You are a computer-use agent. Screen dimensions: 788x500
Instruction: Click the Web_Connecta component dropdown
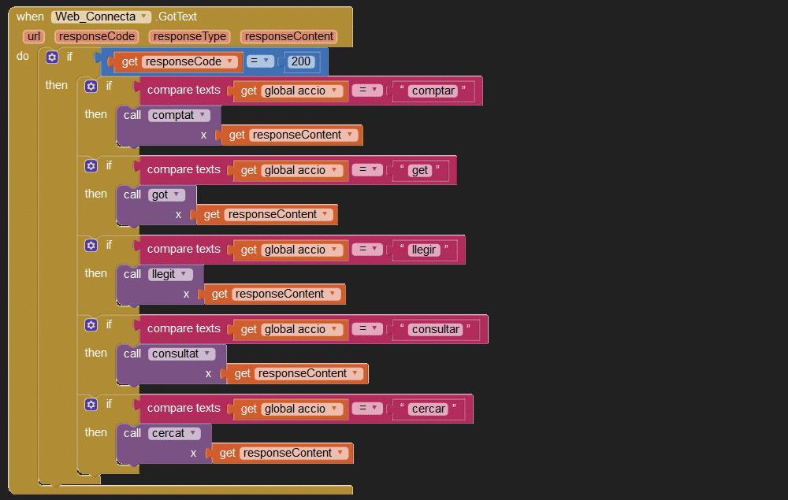click(x=101, y=17)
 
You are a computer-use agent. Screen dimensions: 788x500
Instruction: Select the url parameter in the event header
click(x=34, y=36)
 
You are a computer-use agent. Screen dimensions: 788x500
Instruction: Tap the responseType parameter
click(x=189, y=36)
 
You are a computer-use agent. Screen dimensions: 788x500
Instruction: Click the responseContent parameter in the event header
click(x=289, y=36)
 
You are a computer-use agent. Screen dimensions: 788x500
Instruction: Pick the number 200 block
click(x=300, y=61)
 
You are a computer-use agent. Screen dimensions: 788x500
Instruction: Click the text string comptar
click(x=433, y=91)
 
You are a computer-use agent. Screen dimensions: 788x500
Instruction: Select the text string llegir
click(x=424, y=250)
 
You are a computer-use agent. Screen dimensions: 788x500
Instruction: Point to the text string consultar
click(x=436, y=329)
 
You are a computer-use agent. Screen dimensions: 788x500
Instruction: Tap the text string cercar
click(x=429, y=409)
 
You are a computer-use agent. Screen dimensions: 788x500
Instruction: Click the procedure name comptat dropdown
click(x=179, y=116)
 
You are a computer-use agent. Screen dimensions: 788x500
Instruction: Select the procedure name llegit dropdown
click(x=170, y=274)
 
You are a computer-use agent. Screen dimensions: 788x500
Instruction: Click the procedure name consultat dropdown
click(x=182, y=354)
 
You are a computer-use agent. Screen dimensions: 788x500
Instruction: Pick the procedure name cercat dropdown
click(x=174, y=433)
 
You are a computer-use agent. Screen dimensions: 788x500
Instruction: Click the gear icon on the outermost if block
click(x=52, y=57)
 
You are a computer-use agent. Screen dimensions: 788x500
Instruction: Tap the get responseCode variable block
click(x=176, y=61)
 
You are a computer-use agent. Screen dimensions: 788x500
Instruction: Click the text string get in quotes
click(x=420, y=170)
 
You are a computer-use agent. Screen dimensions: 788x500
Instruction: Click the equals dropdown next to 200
click(x=260, y=61)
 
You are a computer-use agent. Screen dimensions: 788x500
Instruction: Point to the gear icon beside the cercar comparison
click(x=91, y=405)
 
